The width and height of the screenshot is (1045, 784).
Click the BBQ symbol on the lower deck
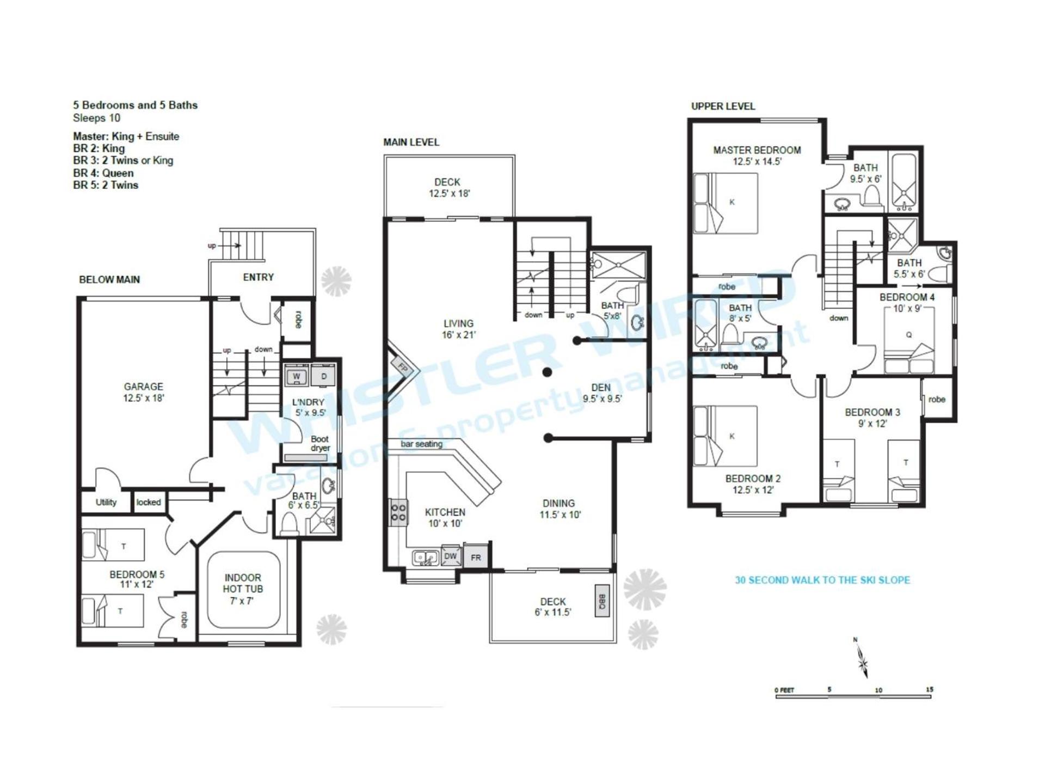[x=602, y=601]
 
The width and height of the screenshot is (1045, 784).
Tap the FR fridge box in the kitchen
[x=476, y=557]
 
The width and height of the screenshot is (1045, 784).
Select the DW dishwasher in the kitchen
[x=450, y=556]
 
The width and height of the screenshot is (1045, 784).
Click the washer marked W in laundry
[x=297, y=376]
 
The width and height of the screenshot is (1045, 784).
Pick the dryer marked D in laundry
[x=323, y=376]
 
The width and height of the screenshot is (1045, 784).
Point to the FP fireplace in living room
[x=402, y=367]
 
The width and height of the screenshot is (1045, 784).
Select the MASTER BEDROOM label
[x=757, y=150]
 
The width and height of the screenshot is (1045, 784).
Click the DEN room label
[x=601, y=387]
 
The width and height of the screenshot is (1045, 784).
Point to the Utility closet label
[x=106, y=502]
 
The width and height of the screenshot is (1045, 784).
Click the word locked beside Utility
[x=149, y=502]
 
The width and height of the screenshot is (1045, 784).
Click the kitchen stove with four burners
[x=398, y=512]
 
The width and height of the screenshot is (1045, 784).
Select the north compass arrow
[x=862, y=660]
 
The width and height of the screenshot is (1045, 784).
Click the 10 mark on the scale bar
[x=878, y=690]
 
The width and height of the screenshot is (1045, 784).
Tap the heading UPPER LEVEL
[x=723, y=106]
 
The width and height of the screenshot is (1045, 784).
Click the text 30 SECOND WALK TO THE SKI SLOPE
[x=822, y=580]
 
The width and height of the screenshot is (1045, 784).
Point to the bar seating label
[x=421, y=444]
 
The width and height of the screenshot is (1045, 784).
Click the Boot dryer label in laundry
[x=320, y=443]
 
